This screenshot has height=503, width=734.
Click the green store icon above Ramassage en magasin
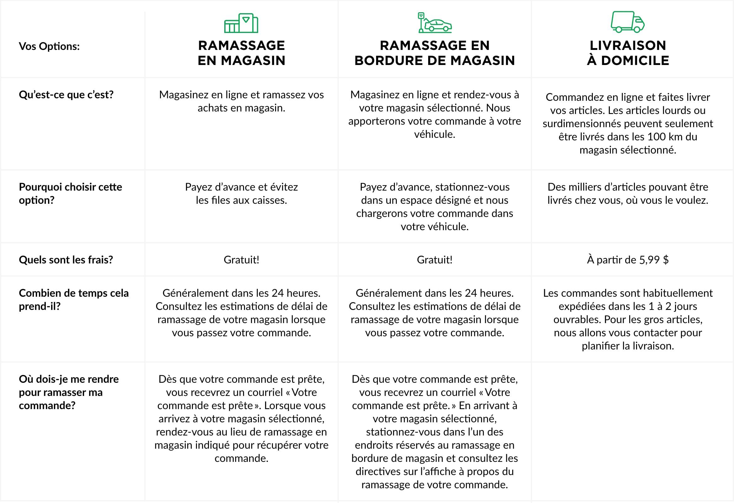pos(241,23)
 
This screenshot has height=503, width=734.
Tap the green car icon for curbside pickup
pos(434,23)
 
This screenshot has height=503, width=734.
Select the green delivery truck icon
pos(628,22)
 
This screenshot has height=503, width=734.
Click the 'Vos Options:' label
pos(49,46)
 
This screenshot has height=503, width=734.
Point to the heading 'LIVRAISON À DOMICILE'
pos(628,53)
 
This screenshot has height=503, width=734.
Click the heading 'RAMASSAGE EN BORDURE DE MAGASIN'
pos(434,53)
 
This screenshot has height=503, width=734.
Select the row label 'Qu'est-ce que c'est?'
pos(66,95)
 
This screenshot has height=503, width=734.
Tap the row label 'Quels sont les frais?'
pos(66,260)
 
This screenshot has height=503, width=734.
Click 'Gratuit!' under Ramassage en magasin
pos(241,260)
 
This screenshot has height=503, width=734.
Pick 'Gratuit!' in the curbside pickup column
pos(434,260)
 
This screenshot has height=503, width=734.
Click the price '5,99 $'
pos(654,260)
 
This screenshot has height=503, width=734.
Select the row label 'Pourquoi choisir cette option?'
pos(70,193)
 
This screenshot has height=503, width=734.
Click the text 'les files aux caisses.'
pos(241,200)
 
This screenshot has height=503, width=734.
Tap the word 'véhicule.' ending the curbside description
pos(434,134)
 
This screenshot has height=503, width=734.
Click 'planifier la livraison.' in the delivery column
pos(628,346)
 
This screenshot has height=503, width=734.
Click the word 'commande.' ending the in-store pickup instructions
pos(241,458)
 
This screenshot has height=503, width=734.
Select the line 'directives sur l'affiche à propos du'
pos(434,471)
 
